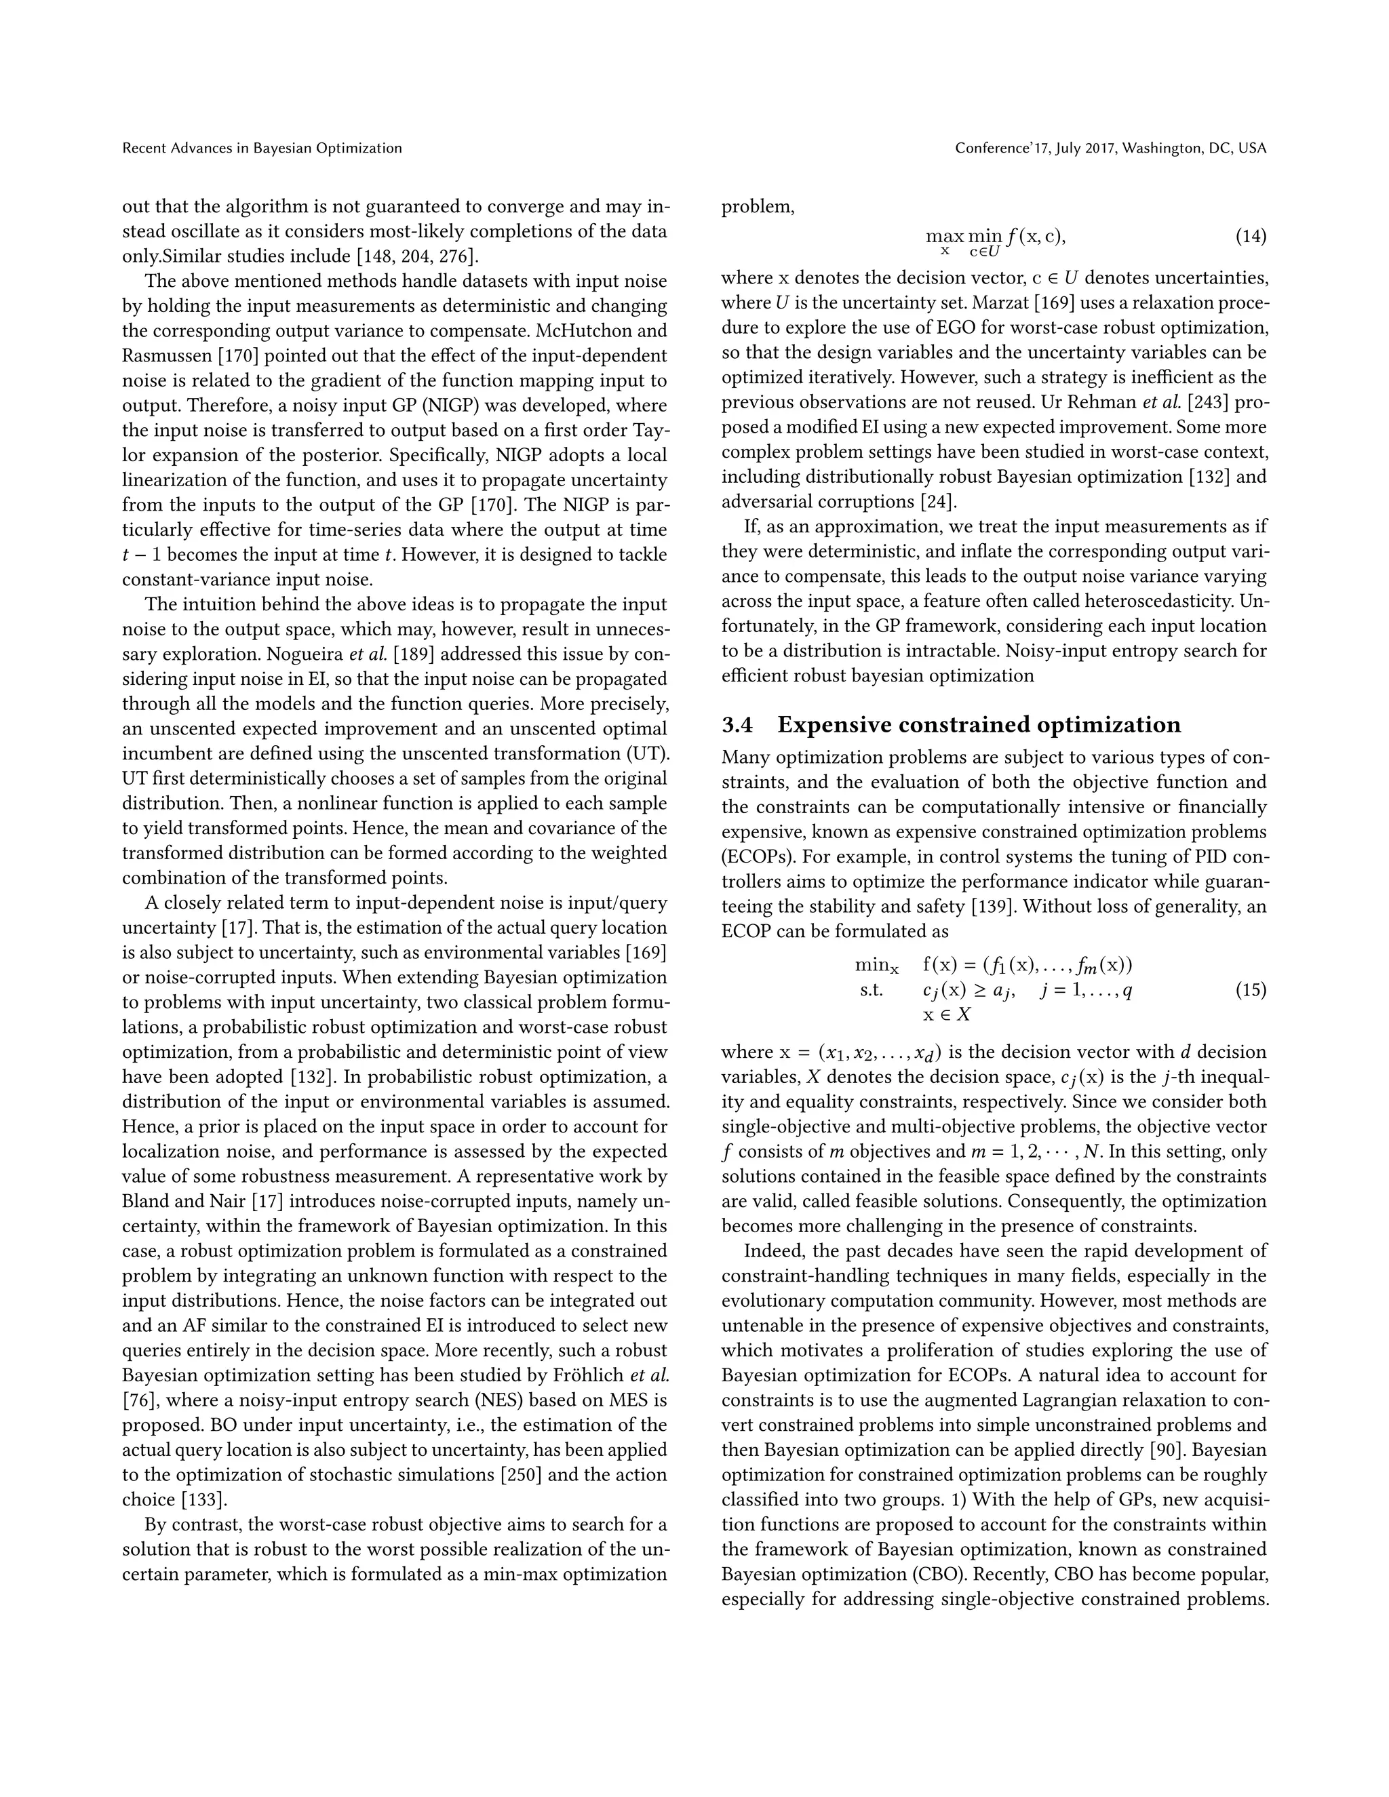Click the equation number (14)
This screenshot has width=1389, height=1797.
tap(1250, 237)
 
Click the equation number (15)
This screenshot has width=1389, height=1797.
tap(1250, 990)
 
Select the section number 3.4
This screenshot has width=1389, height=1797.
tap(737, 725)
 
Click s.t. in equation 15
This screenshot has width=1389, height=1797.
tap(872, 990)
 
